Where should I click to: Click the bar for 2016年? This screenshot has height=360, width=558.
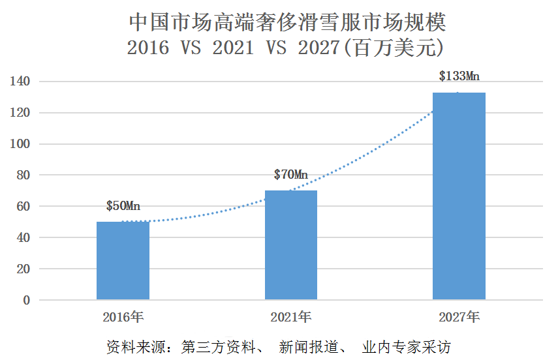coord(123,261)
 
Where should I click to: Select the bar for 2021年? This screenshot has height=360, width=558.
coord(291,245)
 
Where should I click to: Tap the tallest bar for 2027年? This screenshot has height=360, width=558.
coord(459,196)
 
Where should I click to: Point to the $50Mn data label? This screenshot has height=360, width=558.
coord(123,207)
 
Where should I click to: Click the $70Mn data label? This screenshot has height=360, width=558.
coord(291,175)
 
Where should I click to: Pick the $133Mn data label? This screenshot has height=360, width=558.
coord(459,77)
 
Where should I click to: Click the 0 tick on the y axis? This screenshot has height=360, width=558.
coord(26,301)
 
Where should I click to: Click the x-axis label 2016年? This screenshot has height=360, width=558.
coord(123,318)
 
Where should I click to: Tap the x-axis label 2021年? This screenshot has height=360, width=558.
coord(291,318)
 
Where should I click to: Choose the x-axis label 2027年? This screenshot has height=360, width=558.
coord(459,318)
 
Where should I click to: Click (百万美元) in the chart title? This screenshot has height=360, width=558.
coord(397,48)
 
